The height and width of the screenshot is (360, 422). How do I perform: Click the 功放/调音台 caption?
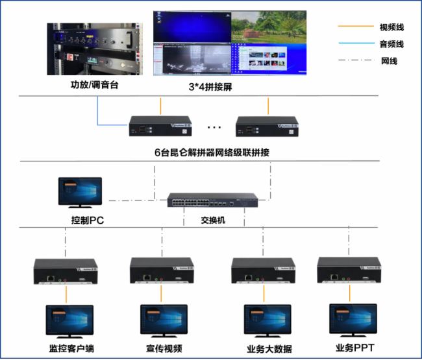(95, 85)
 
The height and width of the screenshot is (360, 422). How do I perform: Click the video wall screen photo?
(229, 43)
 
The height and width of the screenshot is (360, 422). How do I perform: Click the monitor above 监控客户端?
(69, 320)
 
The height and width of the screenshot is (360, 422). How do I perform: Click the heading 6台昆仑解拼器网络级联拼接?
(212, 152)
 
